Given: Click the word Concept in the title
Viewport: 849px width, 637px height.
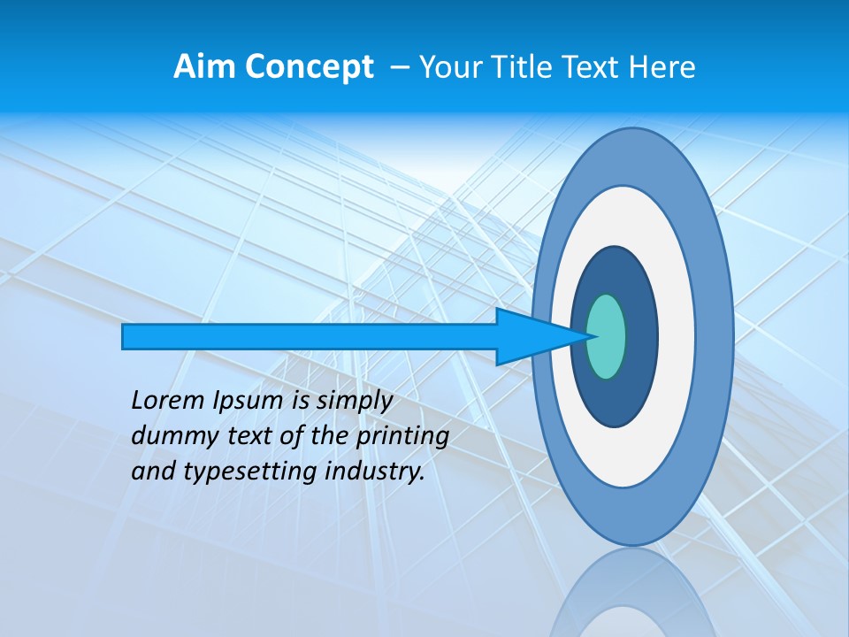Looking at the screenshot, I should (x=309, y=67).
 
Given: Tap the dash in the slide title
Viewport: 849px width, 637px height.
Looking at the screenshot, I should (x=399, y=68).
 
